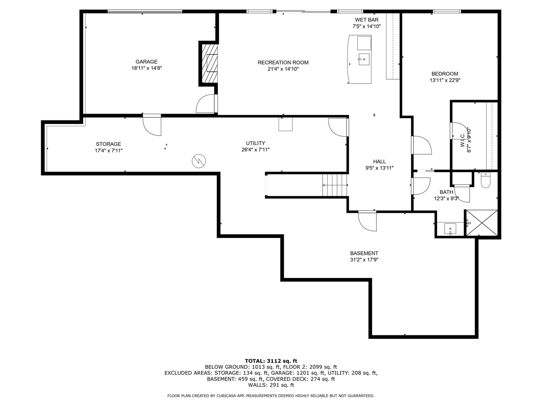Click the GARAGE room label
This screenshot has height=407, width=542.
point(147,61)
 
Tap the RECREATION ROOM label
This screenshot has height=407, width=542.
point(283,62)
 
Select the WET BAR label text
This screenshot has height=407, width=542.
point(366,20)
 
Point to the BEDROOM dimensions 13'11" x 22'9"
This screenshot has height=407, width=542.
point(445,80)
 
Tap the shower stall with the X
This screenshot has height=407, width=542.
point(481,223)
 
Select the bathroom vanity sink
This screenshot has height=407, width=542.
point(450,229)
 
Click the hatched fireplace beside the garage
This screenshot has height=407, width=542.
point(210,64)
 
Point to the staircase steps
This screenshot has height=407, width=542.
point(335,185)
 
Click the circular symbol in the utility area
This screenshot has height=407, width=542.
point(199,161)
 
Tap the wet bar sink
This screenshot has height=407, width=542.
point(364,59)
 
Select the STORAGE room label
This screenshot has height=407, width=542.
point(108,144)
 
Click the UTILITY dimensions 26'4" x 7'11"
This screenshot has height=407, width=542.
point(255,150)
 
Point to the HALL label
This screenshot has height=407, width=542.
point(379,162)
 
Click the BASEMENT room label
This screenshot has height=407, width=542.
point(364,253)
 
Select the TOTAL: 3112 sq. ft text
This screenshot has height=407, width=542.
point(271,361)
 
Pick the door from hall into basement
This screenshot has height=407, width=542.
point(368,221)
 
